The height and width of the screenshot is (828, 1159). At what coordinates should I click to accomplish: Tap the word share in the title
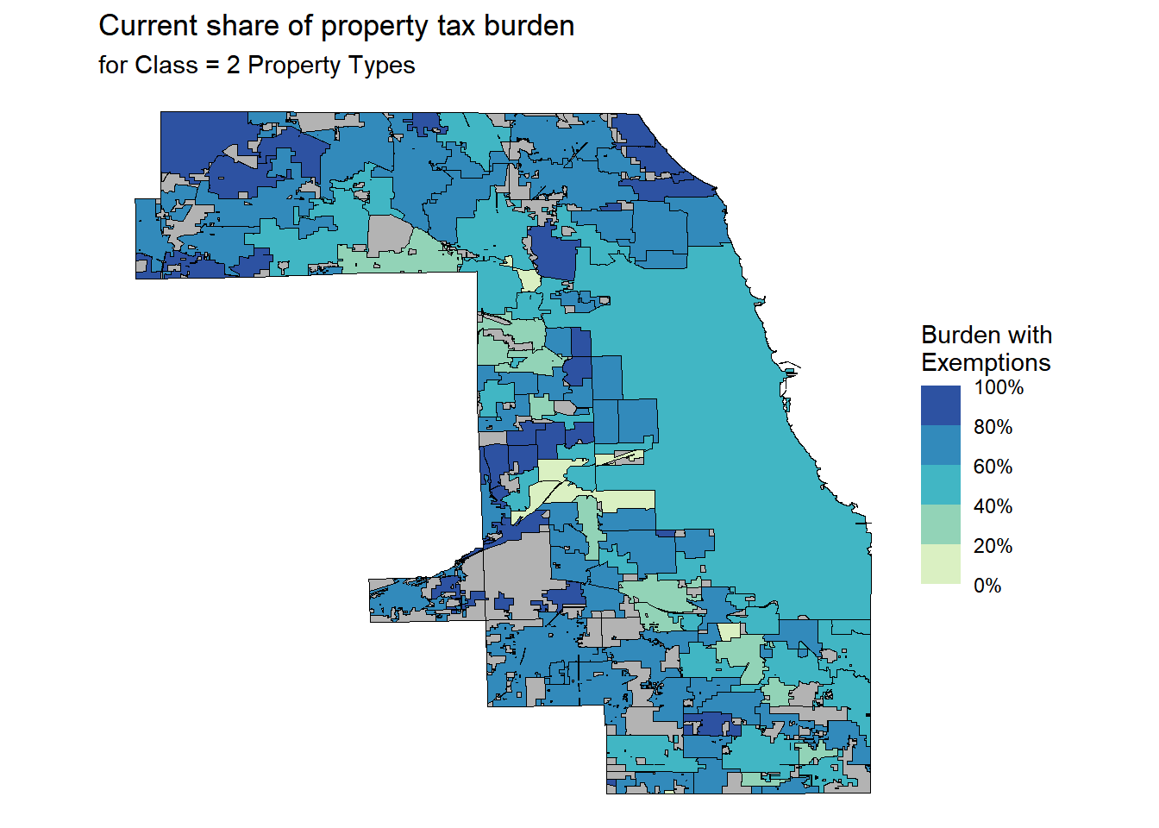point(242,26)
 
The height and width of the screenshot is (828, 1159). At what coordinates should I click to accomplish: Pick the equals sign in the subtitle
point(212,66)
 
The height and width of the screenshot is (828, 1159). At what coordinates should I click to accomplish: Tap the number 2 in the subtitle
point(233,66)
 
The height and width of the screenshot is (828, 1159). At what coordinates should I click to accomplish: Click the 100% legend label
point(999,388)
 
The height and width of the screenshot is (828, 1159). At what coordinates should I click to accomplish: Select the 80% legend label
point(993,428)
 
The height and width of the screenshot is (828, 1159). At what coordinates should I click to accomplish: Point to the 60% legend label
point(993,467)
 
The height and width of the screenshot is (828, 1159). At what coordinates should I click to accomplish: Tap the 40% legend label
point(993,507)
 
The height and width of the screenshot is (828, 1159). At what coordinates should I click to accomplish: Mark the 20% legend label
point(993,547)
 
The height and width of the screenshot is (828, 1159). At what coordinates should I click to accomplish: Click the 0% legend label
point(987,586)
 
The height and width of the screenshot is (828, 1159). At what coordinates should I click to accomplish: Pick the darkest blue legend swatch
point(940,405)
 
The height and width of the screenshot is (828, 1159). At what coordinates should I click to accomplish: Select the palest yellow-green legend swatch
point(940,564)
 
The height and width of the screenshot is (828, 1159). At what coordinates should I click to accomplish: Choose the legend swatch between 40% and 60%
point(940,485)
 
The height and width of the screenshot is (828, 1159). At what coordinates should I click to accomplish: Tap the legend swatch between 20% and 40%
point(940,524)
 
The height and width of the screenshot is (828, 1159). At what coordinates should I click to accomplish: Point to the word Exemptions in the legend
point(986,362)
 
